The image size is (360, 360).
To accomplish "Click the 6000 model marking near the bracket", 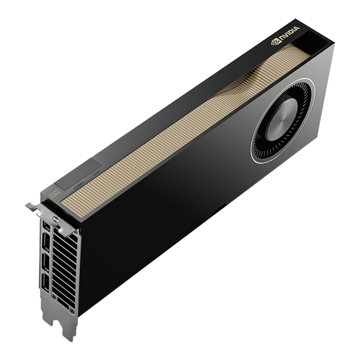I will [56, 193].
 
